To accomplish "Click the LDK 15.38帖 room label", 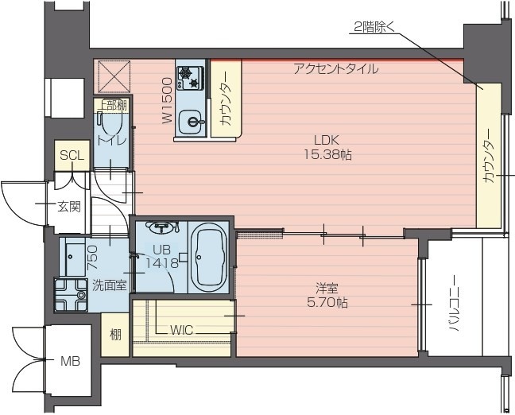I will (x=327, y=148).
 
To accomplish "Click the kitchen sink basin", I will (x=191, y=122).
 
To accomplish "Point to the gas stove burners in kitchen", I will (x=192, y=77).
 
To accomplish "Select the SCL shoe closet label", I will (x=71, y=157).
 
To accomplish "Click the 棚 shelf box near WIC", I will (x=115, y=334).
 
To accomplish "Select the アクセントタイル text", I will (x=336, y=69).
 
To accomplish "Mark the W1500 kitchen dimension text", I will (x=168, y=99).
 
